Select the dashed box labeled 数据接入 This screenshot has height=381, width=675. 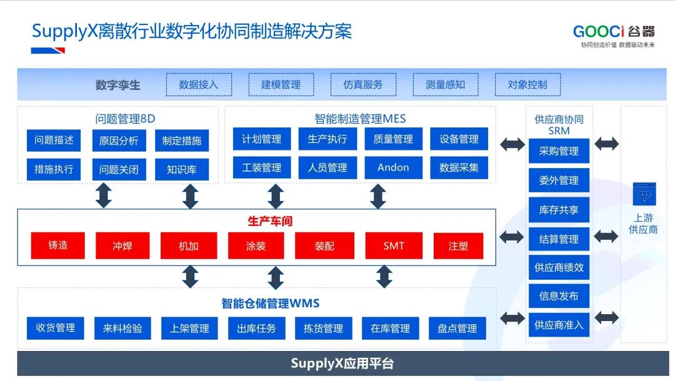click(x=199, y=85)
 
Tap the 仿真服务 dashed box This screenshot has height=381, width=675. click(x=363, y=85)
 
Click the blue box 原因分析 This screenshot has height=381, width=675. click(x=119, y=141)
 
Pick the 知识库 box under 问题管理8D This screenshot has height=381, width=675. click(x=182, y=169)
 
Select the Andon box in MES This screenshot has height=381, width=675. click(x=393, y=167)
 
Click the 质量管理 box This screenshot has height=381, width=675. click(x=393, y=139)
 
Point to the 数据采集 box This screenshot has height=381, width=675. click(x=459, y=167)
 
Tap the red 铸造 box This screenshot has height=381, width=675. click(x=57, y=245)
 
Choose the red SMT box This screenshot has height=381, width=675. click(x=394, y=245)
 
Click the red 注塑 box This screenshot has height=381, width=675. click(x=458, y=245)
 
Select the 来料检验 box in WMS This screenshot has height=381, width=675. click(x=122, y=329)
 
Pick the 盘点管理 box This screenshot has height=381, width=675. click(x=457, y=329)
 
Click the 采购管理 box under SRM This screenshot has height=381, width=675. click(x=559, y=151)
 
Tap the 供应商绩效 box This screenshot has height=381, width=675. click(x=559, y=267)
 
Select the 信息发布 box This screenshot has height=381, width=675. click(x=559, y=296)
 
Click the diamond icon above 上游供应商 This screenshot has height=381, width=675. click(x=644, y=194)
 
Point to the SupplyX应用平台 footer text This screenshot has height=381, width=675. click(x=342, y=364)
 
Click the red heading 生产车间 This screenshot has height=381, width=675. click(x=270, y=221)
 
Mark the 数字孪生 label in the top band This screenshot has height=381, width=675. click(x=117, y=85)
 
